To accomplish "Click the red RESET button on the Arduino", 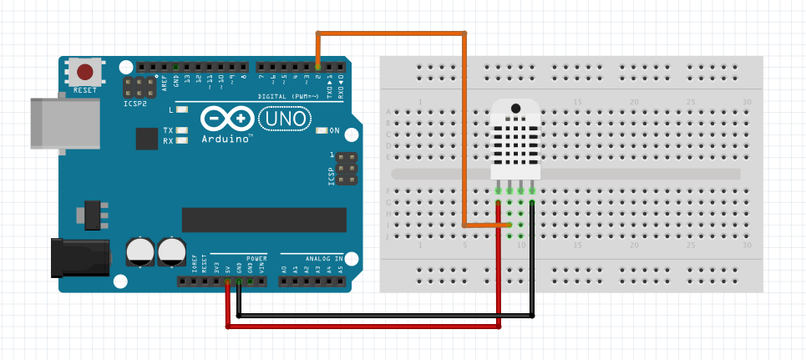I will [84, 72].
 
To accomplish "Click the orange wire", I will [391, 33].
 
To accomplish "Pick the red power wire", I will [363, 327].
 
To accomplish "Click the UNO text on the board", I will [286, 120].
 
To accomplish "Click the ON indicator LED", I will [322, 131].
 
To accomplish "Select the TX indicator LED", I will [181, 131].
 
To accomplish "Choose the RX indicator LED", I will [181, 140].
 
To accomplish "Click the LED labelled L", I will [181, 110].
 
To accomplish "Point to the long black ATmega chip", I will [263, 219].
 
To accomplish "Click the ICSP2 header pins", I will [139, 87].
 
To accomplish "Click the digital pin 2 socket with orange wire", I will [317, 65].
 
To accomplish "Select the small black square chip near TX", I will [147, 138].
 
